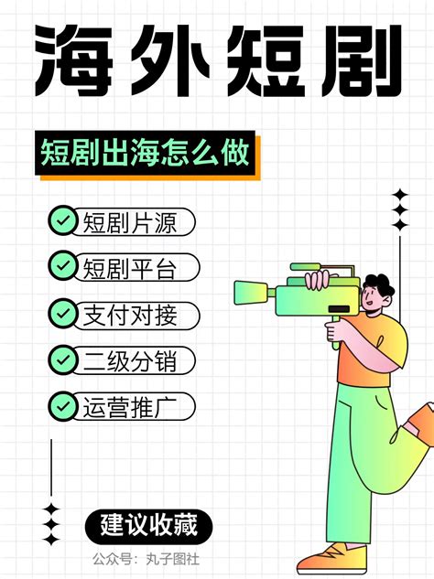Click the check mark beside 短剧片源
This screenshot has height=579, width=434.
[x=62, y=220]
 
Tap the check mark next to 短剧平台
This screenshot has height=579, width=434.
[x=62, y=267]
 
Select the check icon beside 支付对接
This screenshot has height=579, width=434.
[x=62, y=314]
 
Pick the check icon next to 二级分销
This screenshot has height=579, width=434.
[x=62, y=359]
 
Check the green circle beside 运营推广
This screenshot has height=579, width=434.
[x=62, y=405]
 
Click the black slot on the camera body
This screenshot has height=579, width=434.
[x=343, y=306]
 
